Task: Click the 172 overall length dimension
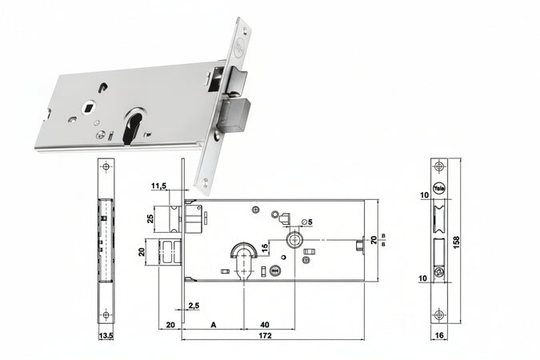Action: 265,336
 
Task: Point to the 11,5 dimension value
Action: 158,186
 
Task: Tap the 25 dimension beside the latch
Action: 150,218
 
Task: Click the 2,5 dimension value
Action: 193,306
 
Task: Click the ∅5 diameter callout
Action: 306,222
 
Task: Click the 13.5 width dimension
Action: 106,336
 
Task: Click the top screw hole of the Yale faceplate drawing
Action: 438,167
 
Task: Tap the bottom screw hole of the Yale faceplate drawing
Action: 438,313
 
